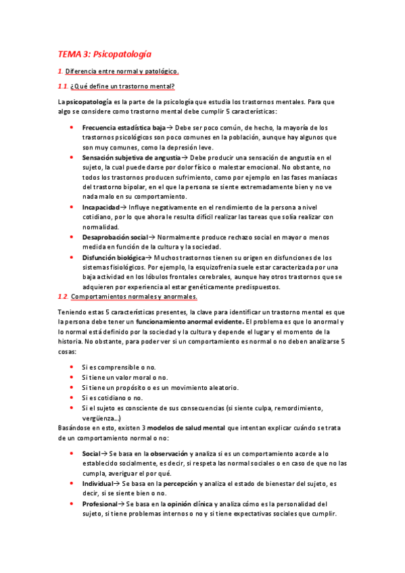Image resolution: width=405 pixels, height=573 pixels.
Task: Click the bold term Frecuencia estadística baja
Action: point(124,127)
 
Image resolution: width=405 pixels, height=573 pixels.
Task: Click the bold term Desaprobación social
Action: point(114,237)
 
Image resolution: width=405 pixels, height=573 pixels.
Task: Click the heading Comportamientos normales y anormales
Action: point(134,296)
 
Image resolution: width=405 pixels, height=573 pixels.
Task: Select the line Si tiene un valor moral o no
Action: point(125,377)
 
